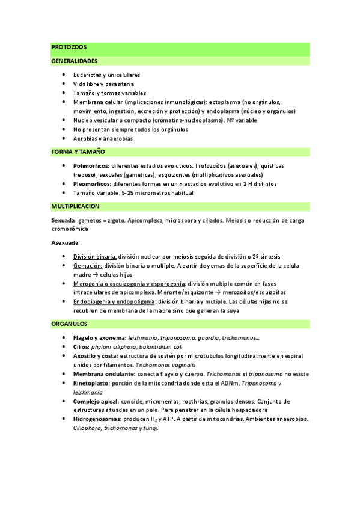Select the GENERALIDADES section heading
point(75,61)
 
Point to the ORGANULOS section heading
point(70,324)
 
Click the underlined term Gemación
point(87,265)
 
